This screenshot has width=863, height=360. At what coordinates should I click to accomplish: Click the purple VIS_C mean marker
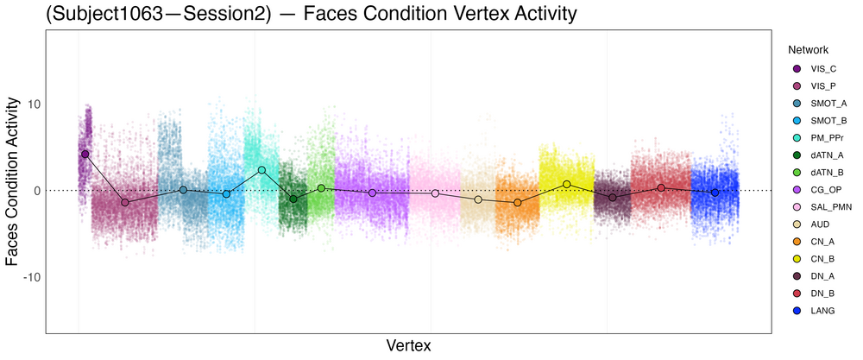pos(85,154)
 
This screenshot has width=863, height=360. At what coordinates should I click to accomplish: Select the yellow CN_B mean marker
pos(567,184)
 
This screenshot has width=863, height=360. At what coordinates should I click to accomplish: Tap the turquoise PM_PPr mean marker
pos(261,170)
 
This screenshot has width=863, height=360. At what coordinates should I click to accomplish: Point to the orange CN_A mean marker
pos(518,202)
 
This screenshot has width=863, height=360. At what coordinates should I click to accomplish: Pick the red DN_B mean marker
pos(661,187)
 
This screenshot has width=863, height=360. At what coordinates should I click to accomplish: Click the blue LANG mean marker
pos(715,193)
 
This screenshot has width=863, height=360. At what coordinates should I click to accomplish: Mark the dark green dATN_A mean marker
pos(293,199)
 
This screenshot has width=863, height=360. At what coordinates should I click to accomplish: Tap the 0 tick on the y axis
pos(35,190)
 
